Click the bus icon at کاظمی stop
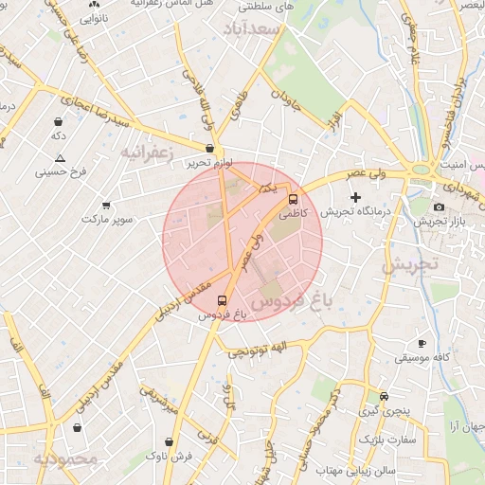[x=293, y=200]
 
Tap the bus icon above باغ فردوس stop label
[x=223, y=301]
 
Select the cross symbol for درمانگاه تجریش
[x=356, y=198]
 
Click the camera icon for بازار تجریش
[x=438, y=207]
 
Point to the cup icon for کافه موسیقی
[x=422, y=343]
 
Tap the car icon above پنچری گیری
[x=384, y=396]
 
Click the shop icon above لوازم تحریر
[x=209, y=148]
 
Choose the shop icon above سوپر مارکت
[x=106, y=206]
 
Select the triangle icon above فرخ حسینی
[x=61, y=158]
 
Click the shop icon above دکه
[x=59, y=122]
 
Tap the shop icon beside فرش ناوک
[x=169, y=441]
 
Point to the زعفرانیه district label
[x=148, y=151]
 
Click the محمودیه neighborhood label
[x=65, y=459]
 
